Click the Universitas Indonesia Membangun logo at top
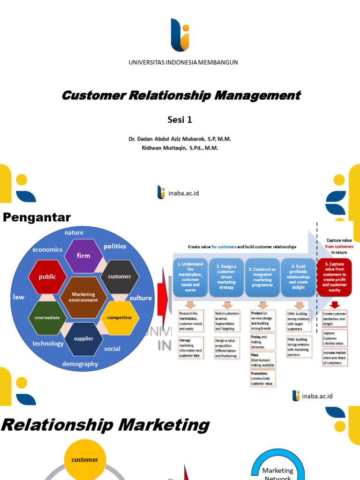click(180, 35)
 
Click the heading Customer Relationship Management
click(181, 96)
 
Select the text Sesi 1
click(180, 120)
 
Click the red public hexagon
click(47, 277)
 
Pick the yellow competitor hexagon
click(119, 317)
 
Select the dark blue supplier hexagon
click(83, 338)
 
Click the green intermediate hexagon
click(47, 317)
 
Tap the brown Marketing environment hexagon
click(83, 297)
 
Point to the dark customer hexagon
click(120, 277)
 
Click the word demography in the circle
click(80, 364)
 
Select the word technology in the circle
click(48, 344)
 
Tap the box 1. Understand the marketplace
click(190, 277)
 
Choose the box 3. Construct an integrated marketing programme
click(262, 277)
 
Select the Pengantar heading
click(37, 217)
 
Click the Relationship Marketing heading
click(105, 426)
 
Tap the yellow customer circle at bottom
click(85, 460)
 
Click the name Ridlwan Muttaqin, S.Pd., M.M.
click(180, 148)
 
